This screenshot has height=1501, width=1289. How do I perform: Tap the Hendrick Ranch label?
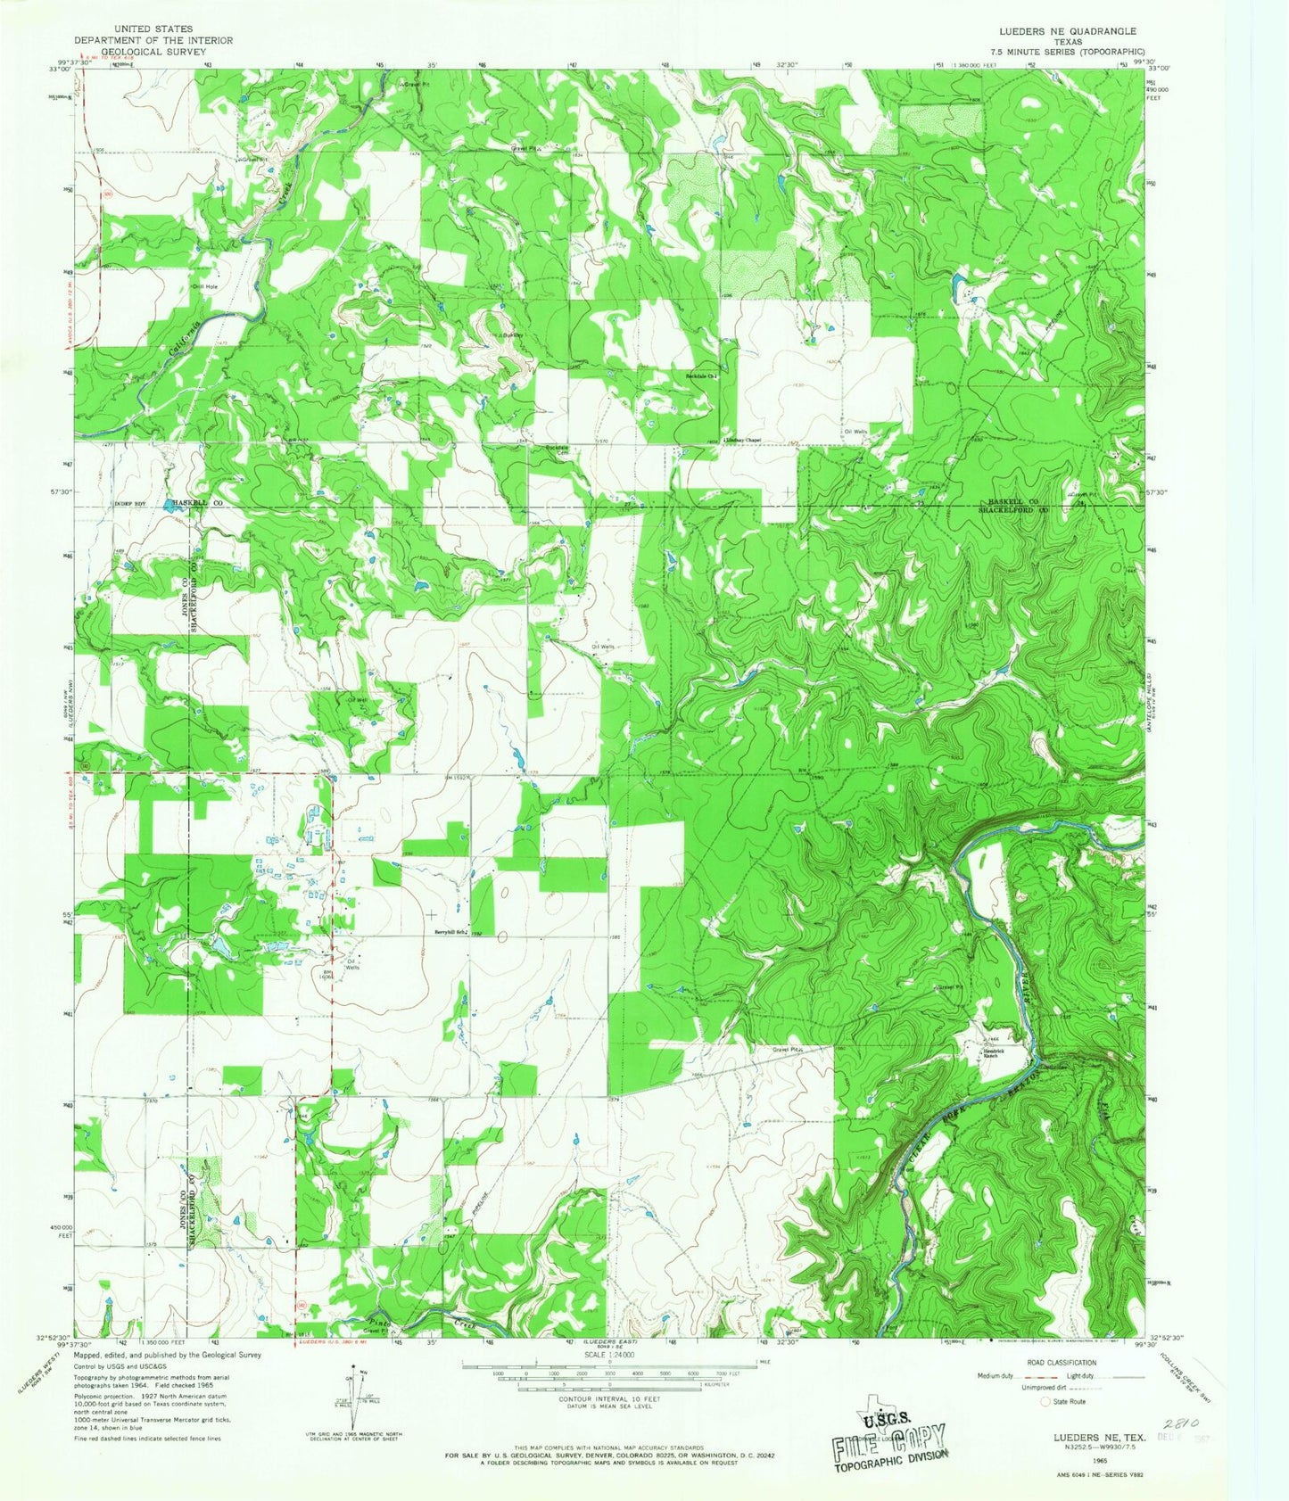(996, 1052)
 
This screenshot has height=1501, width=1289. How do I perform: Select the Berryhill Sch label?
(450, 933)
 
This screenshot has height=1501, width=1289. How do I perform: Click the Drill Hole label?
(204, 287)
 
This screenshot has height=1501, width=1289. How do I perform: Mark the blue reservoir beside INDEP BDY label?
(170, 504)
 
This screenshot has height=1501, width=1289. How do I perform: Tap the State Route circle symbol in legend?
(1045, 1401)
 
